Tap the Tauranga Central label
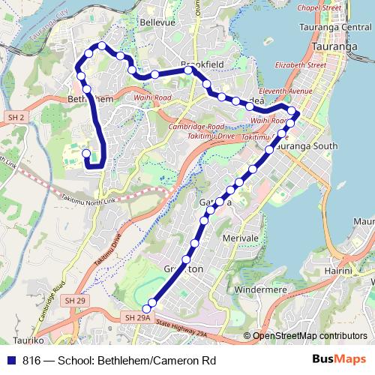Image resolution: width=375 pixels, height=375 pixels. click(337, 28)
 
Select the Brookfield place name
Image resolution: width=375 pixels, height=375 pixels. click(203, 65)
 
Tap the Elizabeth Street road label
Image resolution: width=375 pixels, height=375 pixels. click(301, 65)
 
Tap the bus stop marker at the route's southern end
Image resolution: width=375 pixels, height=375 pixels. click(151, 304)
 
